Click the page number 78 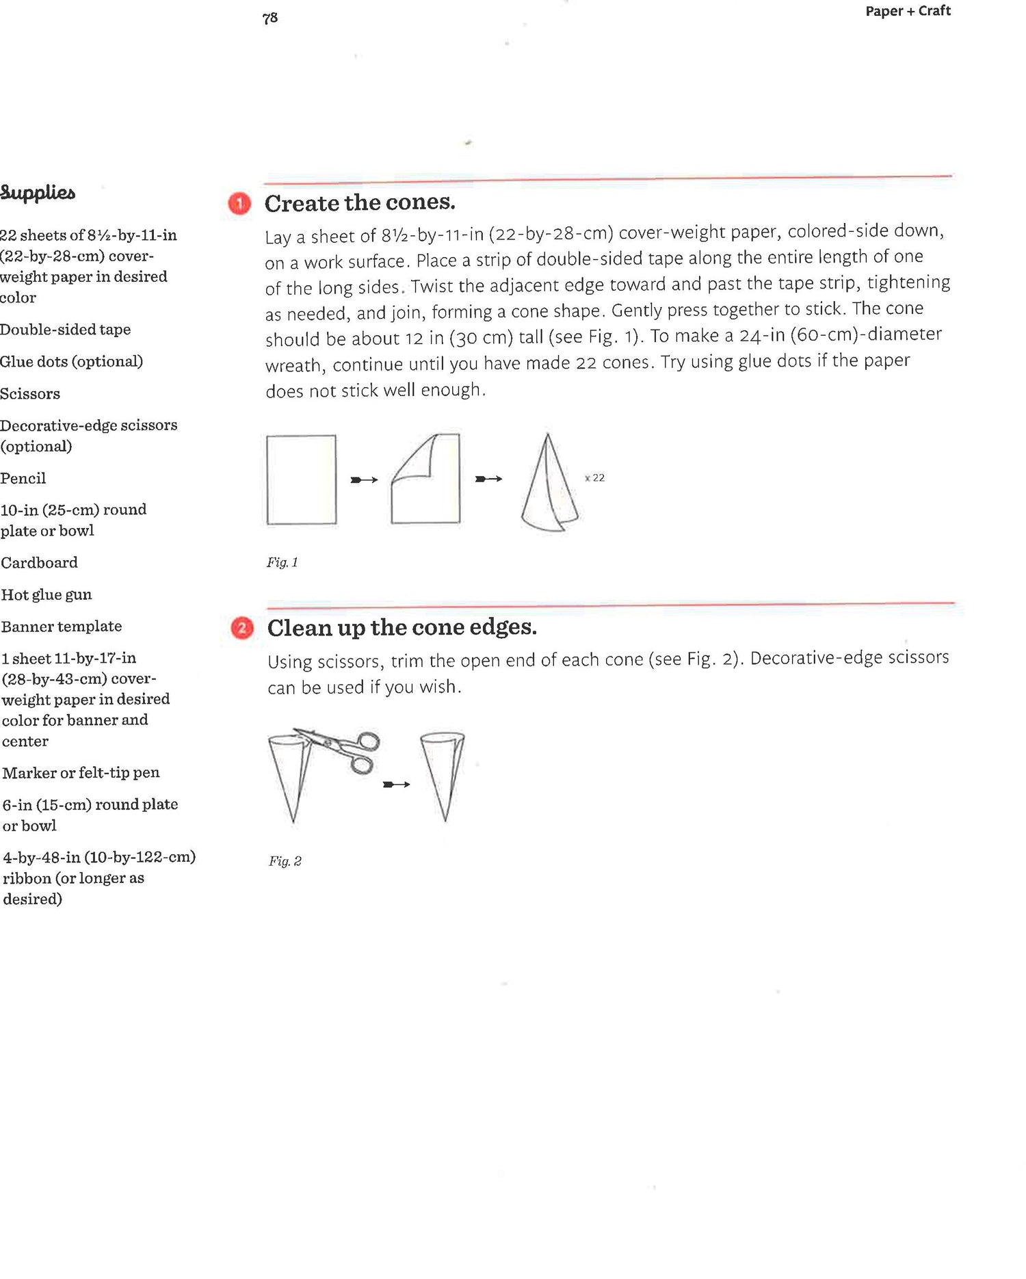270,18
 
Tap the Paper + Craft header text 908,11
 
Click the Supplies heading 38,193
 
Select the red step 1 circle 239,204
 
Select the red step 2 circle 242,628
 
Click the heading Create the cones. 360,203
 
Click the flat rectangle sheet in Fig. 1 302,479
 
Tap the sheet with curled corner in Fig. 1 425,479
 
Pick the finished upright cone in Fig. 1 549,486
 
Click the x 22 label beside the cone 595,478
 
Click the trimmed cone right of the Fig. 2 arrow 443,773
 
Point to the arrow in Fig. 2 397,784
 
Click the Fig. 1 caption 282,563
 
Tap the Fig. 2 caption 285,861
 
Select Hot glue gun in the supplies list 47,595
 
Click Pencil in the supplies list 23,479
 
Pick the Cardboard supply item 40,563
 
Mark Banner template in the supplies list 62,627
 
